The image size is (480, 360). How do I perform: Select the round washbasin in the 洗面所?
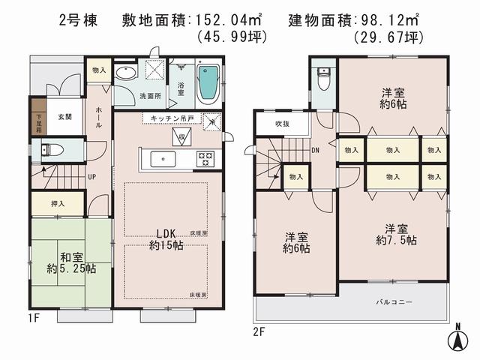[127, 73]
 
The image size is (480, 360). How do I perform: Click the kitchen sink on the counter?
[162, 158]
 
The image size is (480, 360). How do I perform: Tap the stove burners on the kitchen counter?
[205, 158]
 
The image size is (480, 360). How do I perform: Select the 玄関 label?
[64, 117]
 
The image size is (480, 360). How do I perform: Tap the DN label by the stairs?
[316, 148]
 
